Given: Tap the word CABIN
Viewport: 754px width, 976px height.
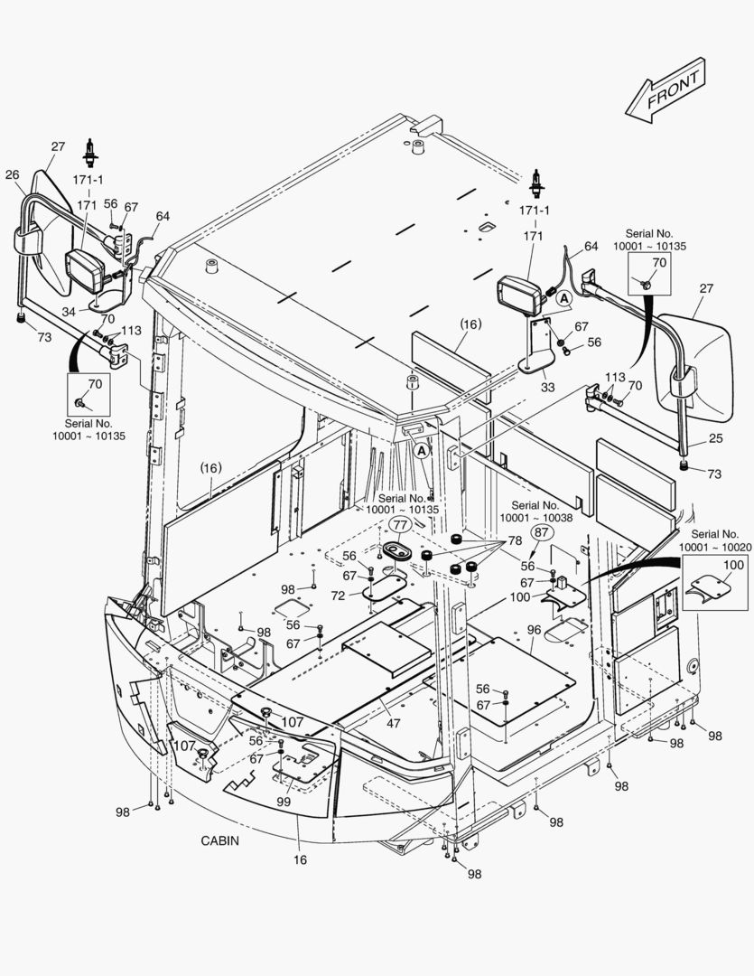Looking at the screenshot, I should click(x=219, y=840).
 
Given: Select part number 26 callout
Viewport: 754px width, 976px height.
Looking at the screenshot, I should click(x=13, y=174).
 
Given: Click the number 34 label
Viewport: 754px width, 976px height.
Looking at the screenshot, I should click(x=70, y=312).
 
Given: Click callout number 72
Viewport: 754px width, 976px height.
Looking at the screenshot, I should click(x=337, y=596).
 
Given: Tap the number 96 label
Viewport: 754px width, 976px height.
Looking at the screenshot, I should click(x=534, y=630).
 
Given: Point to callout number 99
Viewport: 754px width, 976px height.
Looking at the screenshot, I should click(x=283, y=802).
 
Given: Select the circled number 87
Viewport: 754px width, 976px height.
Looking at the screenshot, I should click(x=541, y=532).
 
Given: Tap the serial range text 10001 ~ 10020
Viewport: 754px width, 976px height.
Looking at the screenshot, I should click(x=714, y=547).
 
